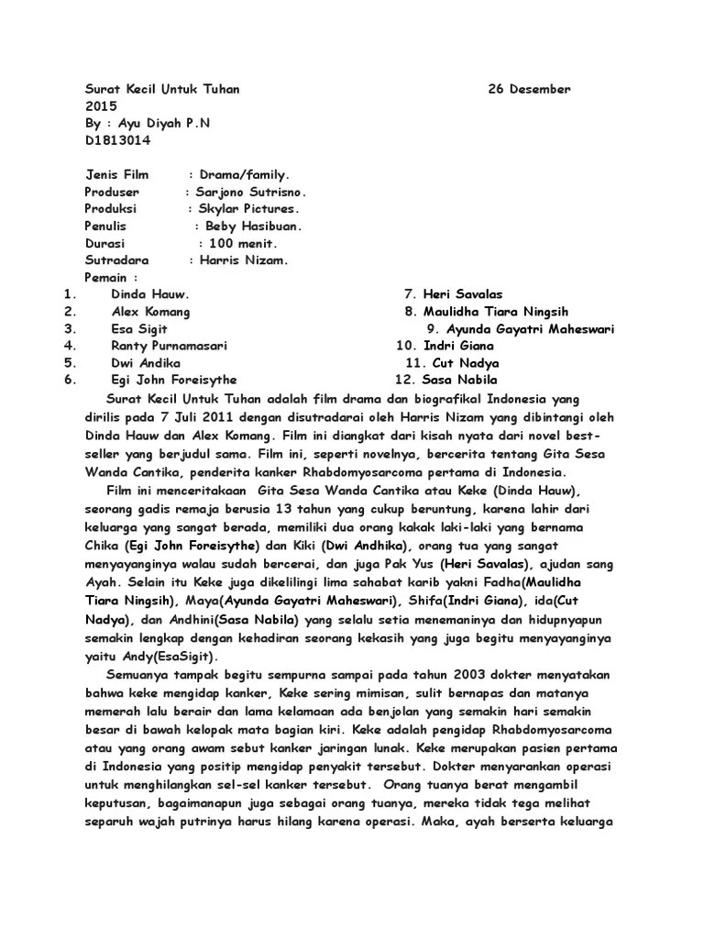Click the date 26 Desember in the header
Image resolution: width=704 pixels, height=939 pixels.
click(x=529, y=89)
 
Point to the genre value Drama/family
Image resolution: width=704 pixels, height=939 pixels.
click(x=243, y=174)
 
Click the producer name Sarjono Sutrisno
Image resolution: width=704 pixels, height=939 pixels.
click(x=248, y=192)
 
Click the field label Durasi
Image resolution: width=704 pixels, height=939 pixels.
click(x=107, y=243)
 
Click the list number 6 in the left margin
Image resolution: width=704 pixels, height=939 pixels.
click(x=70, y=380)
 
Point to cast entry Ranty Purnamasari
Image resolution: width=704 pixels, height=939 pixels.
click(x=170, y=346)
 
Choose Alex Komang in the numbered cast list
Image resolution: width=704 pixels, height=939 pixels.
click(x=150, y=312)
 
